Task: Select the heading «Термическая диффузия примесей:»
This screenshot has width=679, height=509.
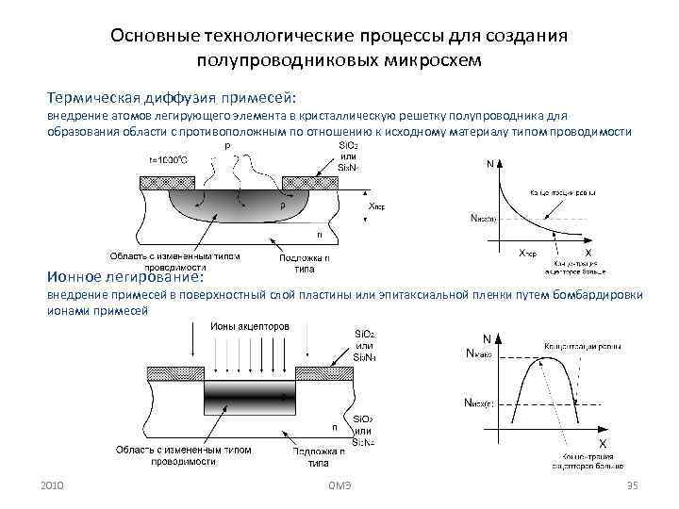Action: (173, 97)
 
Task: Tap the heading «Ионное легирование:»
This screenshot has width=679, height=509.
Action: (132, 276)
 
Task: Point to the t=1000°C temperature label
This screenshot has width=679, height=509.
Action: (168, 159)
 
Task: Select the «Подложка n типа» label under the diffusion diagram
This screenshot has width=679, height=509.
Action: (305, 262)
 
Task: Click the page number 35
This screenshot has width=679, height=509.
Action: (633, 484)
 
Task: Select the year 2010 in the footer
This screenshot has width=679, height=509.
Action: (53, 484)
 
